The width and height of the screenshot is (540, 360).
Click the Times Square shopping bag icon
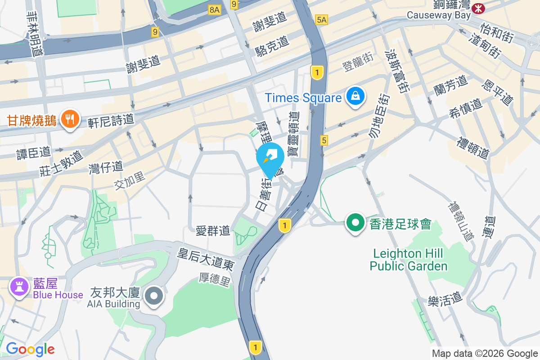pyautogui.click(x=355, y=97)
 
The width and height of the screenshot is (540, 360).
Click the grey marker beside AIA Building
pyautogui.click(x=154, y=296)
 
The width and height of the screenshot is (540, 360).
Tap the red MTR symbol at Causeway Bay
pyautogui.click(x=478, y=8)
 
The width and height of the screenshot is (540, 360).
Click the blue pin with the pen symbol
pyautogui.click(x=270, y=157)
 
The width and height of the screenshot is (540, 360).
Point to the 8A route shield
pyautogui.click(x=215, y=9)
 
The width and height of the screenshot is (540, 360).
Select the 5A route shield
pyautogui.click(x=322, y=19)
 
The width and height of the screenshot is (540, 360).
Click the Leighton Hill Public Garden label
pyautogui.click(x=409, y=260)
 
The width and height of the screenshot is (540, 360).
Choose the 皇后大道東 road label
pyautogui.click(x=206, y=261)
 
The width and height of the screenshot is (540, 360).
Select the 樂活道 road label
pyautogui.click(x=445, y=297)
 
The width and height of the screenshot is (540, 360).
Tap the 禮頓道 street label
pyautogui.click(x=472, y=148)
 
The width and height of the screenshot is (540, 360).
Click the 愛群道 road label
pyautogui.click(x=213, y=231)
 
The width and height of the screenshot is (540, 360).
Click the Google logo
pyautogui.click(x=30, y=349)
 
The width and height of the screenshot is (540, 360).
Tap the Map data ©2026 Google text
pyautogui.click(x=485, y=354)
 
